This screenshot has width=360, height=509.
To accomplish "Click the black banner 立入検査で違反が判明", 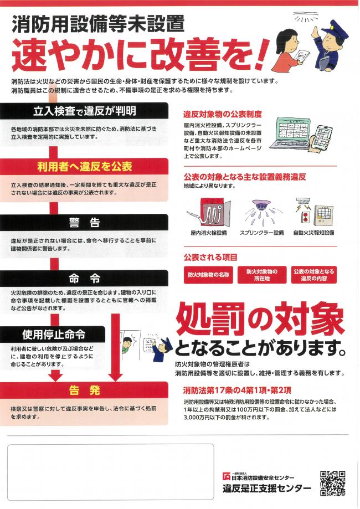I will [x=84, y=110].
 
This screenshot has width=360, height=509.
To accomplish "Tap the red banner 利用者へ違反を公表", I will [x=84, y=166].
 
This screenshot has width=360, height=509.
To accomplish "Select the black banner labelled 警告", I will [x=84, y=222].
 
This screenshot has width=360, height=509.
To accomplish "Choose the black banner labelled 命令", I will [x=84, y=277].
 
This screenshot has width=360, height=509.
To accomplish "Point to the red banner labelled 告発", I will [x=84, y=390].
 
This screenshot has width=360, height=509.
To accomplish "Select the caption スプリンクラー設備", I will [x=261, y=233].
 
